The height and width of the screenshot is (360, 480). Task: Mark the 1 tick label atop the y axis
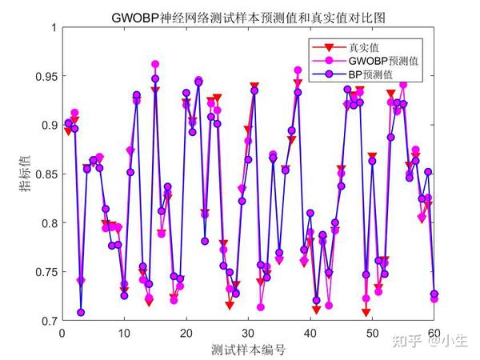point(53,28)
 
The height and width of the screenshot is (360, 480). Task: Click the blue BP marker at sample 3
point(81,313)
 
